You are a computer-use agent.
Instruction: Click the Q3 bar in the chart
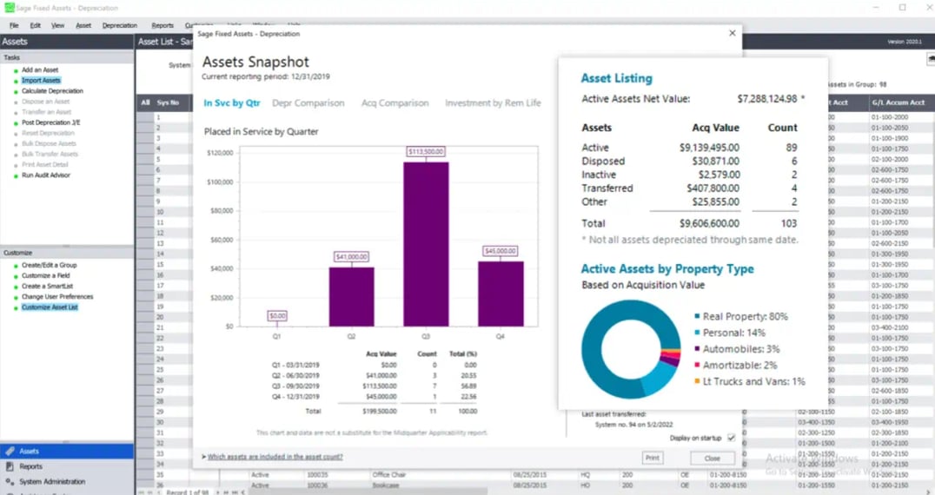[x=426, y=244]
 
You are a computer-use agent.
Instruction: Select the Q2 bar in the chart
[x=351, y=296]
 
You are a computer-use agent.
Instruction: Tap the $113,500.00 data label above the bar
[x=426, y=152]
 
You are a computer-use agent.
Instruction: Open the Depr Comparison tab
[x=308, y=103]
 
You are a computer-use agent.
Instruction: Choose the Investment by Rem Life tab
[x=493, y=103]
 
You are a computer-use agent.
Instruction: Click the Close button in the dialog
[x=712, y=458]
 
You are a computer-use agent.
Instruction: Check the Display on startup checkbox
[x=731, y=438]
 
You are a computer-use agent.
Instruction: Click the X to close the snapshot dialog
[x=732, y=34]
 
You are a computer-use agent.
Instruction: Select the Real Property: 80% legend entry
[x=745, y=317]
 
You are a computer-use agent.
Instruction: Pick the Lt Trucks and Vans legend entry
[x=753, y=381]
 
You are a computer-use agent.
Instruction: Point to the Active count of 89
[x=789, y=148]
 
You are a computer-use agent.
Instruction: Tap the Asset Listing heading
[x=616, y=78]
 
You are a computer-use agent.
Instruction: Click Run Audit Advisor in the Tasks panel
[x=46, y=175]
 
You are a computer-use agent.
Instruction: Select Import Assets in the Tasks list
[x=41, y=81]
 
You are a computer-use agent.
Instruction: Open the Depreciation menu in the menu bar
[x=120, y=25]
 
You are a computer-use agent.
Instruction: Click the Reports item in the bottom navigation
[x=31, y=466]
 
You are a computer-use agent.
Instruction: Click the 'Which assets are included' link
[x=275, y=457]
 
